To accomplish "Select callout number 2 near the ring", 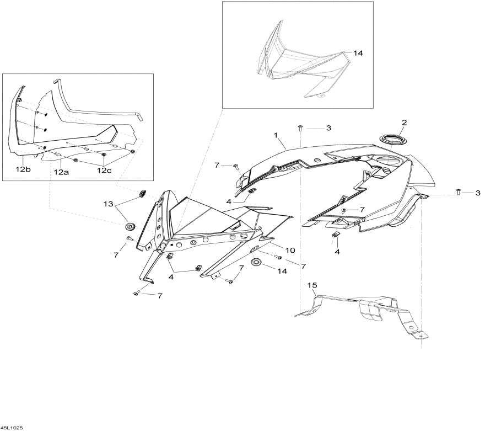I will (404, 122).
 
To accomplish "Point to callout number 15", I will (312, 285).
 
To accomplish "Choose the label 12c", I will (104, 170).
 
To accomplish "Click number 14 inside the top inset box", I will (358, 54).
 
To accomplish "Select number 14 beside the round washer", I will (282, 271).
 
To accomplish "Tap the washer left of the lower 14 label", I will (257, 261).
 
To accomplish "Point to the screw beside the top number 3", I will (300, 128).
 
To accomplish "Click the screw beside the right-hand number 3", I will (459, 191).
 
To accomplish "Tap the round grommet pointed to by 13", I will (131, 226).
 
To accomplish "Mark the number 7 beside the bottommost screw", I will (159, 296).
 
